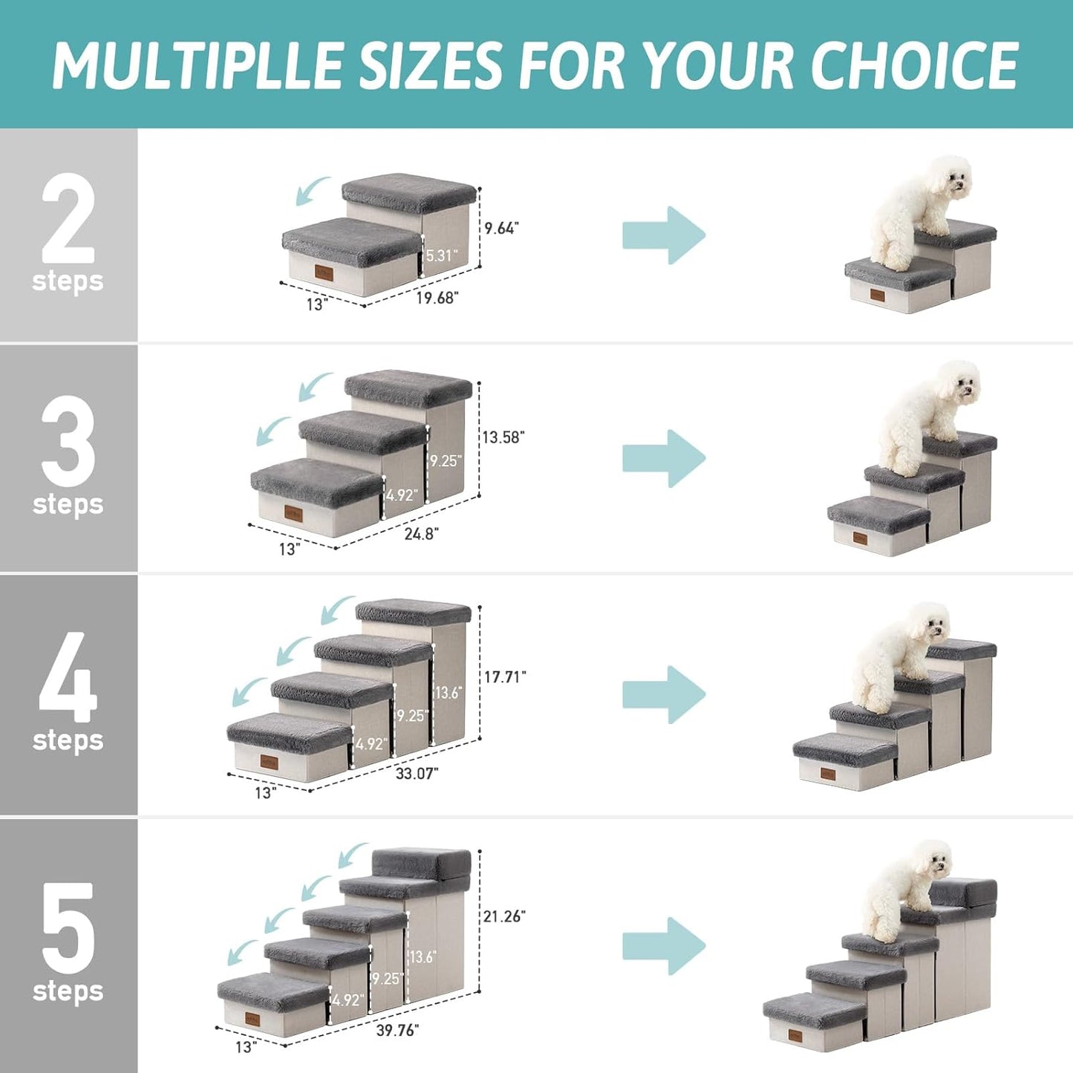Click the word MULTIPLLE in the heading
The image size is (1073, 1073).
click(x=196, y=65)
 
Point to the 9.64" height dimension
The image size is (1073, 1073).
click(x=501, y=228)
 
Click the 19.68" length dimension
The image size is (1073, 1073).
click(x=437, y=298)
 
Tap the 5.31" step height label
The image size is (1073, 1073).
click(x=441, y=255)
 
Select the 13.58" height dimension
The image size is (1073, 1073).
click(x=503, y=437)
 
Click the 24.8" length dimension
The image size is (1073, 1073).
click(x=421, y=533)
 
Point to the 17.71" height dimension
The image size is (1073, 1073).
click(x=505, y=676)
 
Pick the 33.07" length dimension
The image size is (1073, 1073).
click(x=417, y=773)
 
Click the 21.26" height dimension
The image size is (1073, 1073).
click(x=503, y=916)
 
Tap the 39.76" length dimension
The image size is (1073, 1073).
click(x=397, y=1030)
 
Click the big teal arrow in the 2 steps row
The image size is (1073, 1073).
click(x=663, y=235)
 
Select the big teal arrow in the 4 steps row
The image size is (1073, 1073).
click(x=663, y=694)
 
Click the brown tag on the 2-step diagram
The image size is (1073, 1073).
click(x=323, y=273)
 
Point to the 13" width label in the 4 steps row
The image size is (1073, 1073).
click(x=265, y=793)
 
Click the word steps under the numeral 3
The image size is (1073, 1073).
click(x=68, y=504)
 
